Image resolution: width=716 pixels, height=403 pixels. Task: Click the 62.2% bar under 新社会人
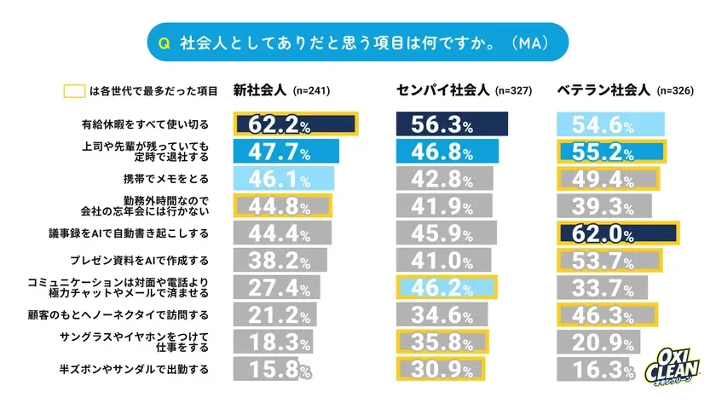point(295,124)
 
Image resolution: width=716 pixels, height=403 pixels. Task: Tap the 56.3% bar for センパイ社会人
point(452,124)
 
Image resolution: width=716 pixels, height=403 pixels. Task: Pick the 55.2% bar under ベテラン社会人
point(610,152)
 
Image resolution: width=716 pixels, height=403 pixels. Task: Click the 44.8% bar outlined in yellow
point(282,206)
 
